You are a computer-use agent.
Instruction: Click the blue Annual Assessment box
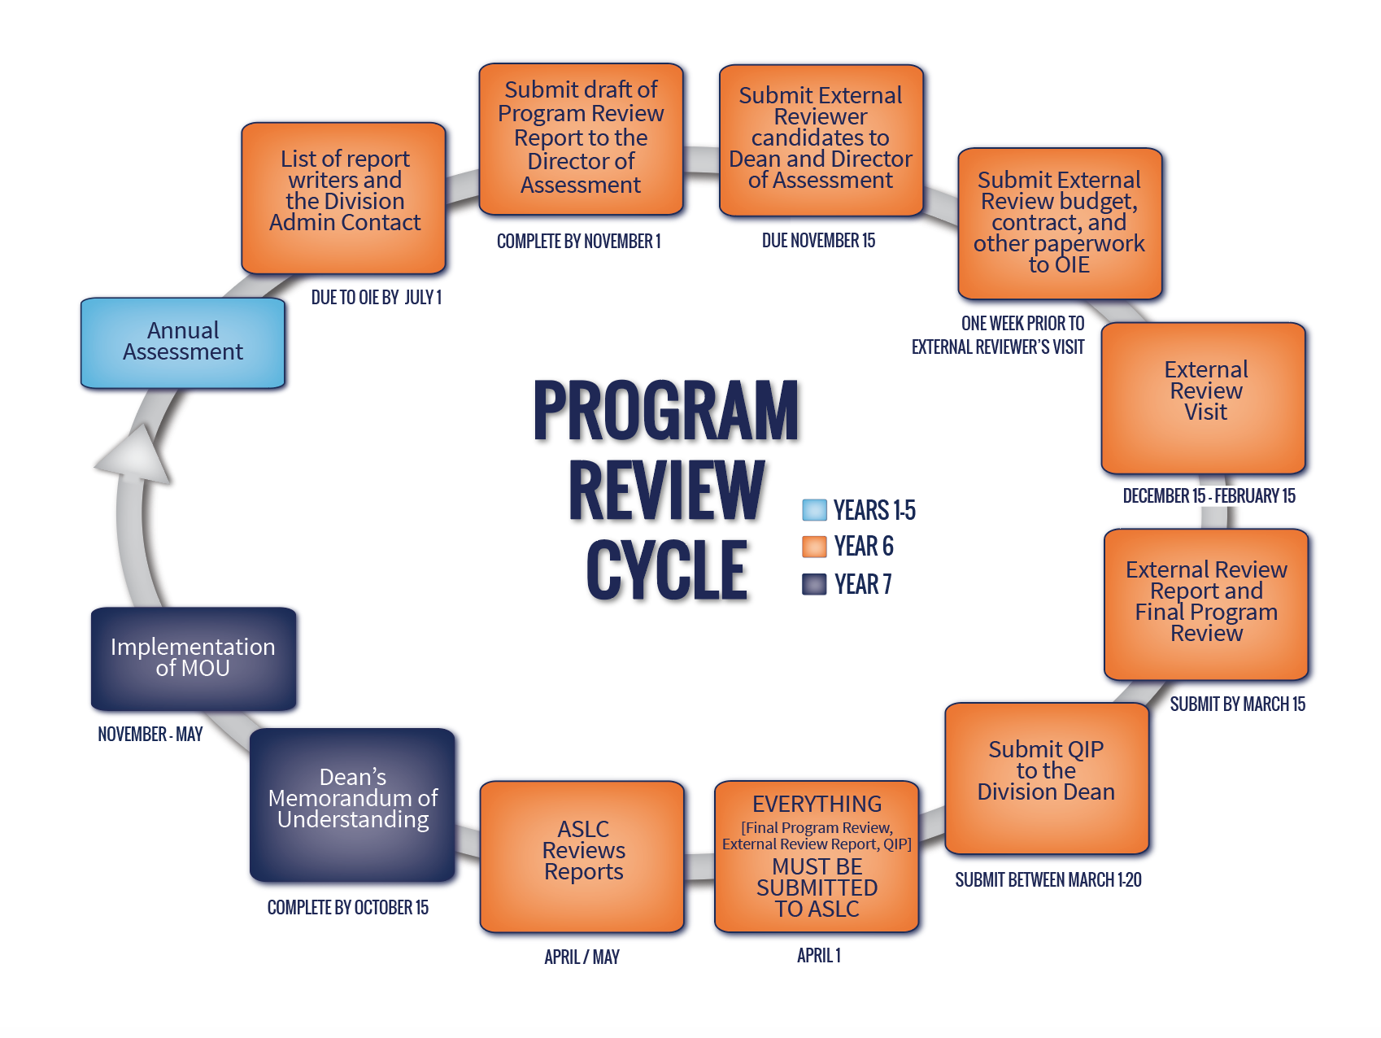[183, 342]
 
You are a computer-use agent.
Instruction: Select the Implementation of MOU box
[194, 658]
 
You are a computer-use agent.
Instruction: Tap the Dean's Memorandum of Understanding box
[352, 804]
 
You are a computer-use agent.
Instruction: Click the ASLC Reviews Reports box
[582, 855]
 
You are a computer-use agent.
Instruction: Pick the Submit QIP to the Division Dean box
[1046, 777]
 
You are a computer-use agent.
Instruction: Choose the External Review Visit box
[1204, 397]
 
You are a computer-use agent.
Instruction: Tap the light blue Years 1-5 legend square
[814, 510]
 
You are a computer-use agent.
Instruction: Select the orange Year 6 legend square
[814, 547]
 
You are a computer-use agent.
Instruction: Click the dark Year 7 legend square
[814, 584]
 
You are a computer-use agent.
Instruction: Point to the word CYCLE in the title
[666, 570]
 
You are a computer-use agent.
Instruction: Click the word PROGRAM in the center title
[666, 411]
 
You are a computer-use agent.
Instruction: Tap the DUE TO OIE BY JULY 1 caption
[376, 298]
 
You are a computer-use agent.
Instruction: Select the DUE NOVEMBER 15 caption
[818, 241]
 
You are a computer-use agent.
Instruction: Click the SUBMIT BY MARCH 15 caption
[1237, 704]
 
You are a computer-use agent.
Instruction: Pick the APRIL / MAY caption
[582, 957]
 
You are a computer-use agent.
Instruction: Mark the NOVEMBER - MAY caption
[150, 735]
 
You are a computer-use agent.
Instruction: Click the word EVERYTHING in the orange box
[817, 804]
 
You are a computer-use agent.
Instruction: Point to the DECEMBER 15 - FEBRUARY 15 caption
[1209, 496]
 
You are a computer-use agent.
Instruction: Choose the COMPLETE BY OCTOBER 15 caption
[348, 908]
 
